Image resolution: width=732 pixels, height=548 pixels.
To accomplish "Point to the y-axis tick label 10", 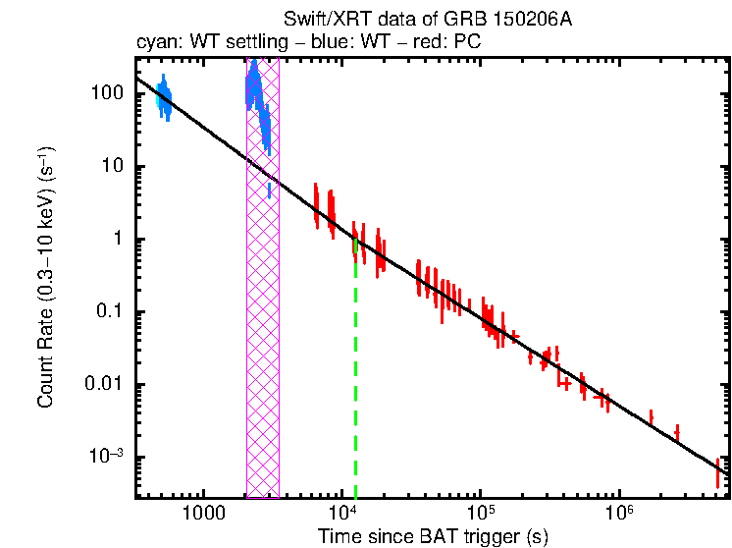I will tap(112, 166).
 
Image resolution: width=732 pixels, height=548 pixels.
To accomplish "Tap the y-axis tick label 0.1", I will tap(110, 311).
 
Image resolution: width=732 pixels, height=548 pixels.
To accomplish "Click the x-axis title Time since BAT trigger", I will tap(432, 536).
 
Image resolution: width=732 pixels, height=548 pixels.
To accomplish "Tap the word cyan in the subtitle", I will tap(153, 44).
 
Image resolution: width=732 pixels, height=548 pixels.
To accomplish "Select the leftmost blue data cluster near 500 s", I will tap(164, 97).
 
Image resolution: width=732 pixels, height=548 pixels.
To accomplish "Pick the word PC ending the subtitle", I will tap(467, 44).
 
